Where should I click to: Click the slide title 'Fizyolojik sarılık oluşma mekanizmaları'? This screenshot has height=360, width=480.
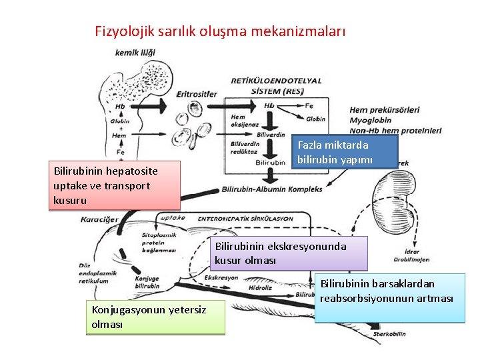(220, 31)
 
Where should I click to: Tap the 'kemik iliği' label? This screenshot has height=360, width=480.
(135, 53)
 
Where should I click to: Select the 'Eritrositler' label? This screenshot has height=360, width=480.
(197, 94)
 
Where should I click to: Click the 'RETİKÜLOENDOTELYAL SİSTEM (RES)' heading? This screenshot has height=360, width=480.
(276, 85)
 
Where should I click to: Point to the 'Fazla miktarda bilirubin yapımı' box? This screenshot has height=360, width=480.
(346, 152)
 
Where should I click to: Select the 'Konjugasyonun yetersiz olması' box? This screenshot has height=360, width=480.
(155, 316)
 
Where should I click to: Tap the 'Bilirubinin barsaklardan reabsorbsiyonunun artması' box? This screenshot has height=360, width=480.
(389, 298)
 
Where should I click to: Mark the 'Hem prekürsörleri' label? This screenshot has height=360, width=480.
(385, 109)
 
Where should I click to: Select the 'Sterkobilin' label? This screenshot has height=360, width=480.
(390, 331)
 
